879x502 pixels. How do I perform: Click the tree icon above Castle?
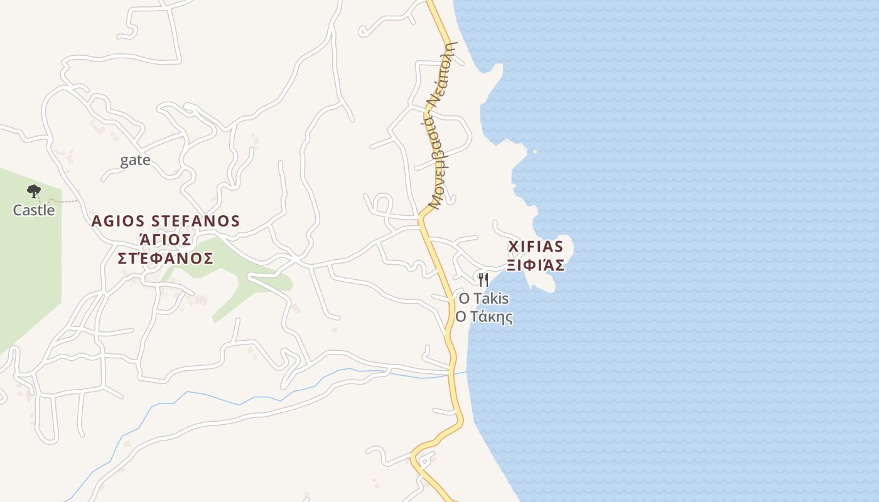click(x=34, y=191)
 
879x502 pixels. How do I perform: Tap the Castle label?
click(x=34, y=210)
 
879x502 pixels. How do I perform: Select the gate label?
click(x=135, y=160)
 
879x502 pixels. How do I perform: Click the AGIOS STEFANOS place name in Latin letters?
click(x=166, y=221)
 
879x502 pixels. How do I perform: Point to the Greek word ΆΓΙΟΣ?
click(x=164, y=240)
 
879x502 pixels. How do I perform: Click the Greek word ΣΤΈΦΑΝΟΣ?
click(x=166, y=259)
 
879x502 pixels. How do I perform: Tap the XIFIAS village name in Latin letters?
click(x=536, y=246)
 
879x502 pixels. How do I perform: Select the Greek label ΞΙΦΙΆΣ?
click(x=536, y=265)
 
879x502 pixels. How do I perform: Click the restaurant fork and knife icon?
click(x=483, y=279)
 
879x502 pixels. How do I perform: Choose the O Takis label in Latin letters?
click(x=483, y=298)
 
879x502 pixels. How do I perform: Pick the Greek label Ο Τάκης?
click(x=483, y=317)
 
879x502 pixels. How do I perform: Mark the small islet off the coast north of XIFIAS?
click(x=535, y=151)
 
